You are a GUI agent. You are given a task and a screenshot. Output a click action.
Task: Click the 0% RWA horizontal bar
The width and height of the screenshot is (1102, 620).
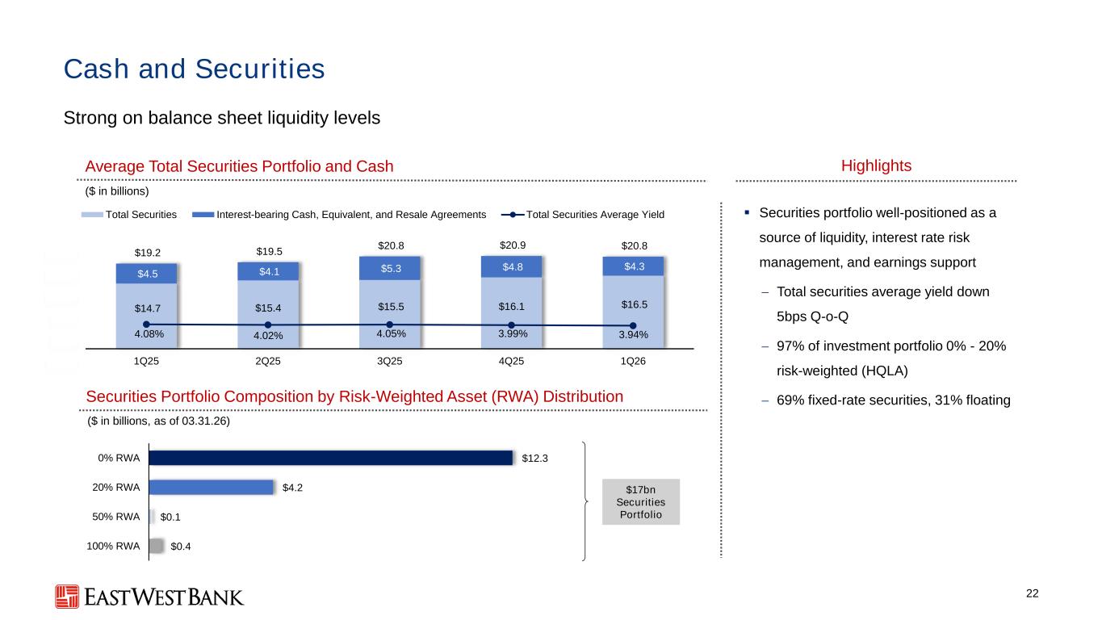click(x=331, y=458)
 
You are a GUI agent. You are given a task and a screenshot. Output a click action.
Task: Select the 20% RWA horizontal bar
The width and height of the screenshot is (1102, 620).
click(x=211, y=488)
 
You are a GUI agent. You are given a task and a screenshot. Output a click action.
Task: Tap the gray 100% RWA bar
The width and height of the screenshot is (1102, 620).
click(x=156, y=547)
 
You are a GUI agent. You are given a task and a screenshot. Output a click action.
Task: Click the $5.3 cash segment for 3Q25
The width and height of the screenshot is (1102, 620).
click(x=390, y=269)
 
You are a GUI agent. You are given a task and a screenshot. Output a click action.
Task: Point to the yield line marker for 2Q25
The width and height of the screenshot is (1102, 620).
click(x=268, y=325)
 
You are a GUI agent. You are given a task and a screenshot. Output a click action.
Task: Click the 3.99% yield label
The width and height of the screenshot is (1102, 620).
click(x=513, y=333)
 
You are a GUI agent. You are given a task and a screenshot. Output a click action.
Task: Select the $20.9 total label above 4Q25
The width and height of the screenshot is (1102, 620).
click(x=513, y=245)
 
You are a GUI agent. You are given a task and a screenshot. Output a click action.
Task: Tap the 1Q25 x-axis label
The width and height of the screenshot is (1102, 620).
click(x=146, y=361)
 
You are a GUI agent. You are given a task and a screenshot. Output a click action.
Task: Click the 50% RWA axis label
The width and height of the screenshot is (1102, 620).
click(x=116, y=517)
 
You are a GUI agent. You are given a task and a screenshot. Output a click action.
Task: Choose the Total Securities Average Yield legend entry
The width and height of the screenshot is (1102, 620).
click(x=583, y=215)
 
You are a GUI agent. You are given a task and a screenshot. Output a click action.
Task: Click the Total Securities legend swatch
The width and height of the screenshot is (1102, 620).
click(x=92, y=215)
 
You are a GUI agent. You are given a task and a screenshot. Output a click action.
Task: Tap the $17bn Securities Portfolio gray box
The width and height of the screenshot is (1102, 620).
click(x=641, y=502)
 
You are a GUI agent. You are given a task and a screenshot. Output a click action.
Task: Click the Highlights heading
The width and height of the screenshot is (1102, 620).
click(x=876, y=165)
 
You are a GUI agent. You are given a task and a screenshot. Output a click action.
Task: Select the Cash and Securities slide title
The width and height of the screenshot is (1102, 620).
click(x=195, y=69)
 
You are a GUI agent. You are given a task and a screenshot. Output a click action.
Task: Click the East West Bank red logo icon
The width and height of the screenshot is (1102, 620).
click(x=67, y=597)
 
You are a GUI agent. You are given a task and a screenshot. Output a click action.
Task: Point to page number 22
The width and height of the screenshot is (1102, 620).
click(x=1032, y=594)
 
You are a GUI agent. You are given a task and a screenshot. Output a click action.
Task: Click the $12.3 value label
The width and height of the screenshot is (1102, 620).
click(x=534, y=458)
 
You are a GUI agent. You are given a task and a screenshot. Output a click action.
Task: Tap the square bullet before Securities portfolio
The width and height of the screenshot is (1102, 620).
click(x=747, y=212)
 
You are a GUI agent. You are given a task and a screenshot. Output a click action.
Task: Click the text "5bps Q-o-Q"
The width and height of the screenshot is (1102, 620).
click(x=813, y=316)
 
